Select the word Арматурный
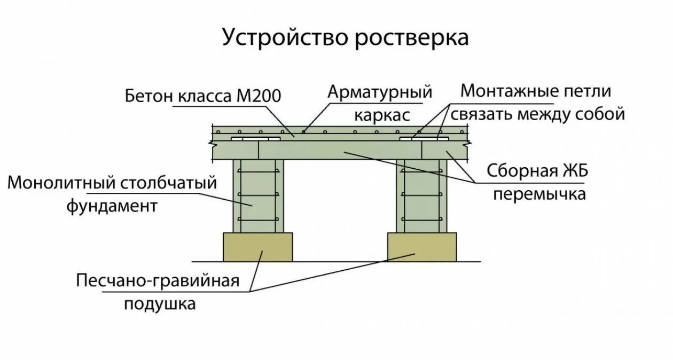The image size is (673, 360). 379,92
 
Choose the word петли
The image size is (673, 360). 586,91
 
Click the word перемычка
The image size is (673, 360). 539,193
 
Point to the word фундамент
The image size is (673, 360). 112,206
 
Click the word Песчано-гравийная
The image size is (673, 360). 158,281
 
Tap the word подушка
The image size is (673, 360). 160,304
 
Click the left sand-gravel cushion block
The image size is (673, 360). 257,247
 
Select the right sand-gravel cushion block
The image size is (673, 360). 422,247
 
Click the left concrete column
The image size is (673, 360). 258,195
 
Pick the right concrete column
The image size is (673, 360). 422,195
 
